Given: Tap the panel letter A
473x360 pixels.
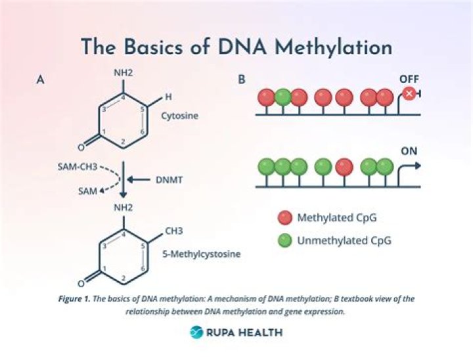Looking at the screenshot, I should (40, 80).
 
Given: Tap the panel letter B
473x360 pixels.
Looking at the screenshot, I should (241, 80).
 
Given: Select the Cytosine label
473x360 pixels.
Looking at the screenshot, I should (179, 116).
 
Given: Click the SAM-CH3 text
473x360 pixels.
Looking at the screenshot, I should (76, 168).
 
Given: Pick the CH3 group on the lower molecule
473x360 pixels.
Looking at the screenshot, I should (173, 231).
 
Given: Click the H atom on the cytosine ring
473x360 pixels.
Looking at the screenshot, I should (168, 97).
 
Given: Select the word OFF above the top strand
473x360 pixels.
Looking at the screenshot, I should (409, 79).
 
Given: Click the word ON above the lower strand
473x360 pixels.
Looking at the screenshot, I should (409, 150).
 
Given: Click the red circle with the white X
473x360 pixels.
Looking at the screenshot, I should (409, 95).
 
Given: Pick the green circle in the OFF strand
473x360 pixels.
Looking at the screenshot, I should (282, 97).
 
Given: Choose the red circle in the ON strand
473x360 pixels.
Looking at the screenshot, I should (344, 167).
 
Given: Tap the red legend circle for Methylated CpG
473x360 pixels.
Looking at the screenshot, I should (284, 217).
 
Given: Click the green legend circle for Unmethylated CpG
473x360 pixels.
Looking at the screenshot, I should (284, 240).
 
